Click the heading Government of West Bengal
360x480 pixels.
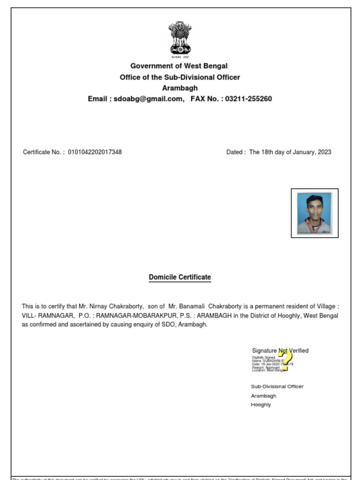[x=179, y=66]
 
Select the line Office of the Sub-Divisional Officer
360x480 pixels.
[x=180, y=77]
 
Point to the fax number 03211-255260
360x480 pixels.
[x=248, y=99]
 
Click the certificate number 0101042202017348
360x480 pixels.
[x=95, y=152]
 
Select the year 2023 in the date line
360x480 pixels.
[x=324, y=152]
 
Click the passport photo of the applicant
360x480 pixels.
[x=314, y=213]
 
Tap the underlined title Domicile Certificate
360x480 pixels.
[x=180, y=277]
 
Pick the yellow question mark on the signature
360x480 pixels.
[x=284, y=361]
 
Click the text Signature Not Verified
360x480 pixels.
[x=280, y=351]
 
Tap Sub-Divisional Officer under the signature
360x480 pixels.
[x=277, y=387]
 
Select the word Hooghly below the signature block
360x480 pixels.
[x=261, y=405]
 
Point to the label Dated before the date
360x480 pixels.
[x=234, y=152]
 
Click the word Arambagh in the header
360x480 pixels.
[x=180, y=88]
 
